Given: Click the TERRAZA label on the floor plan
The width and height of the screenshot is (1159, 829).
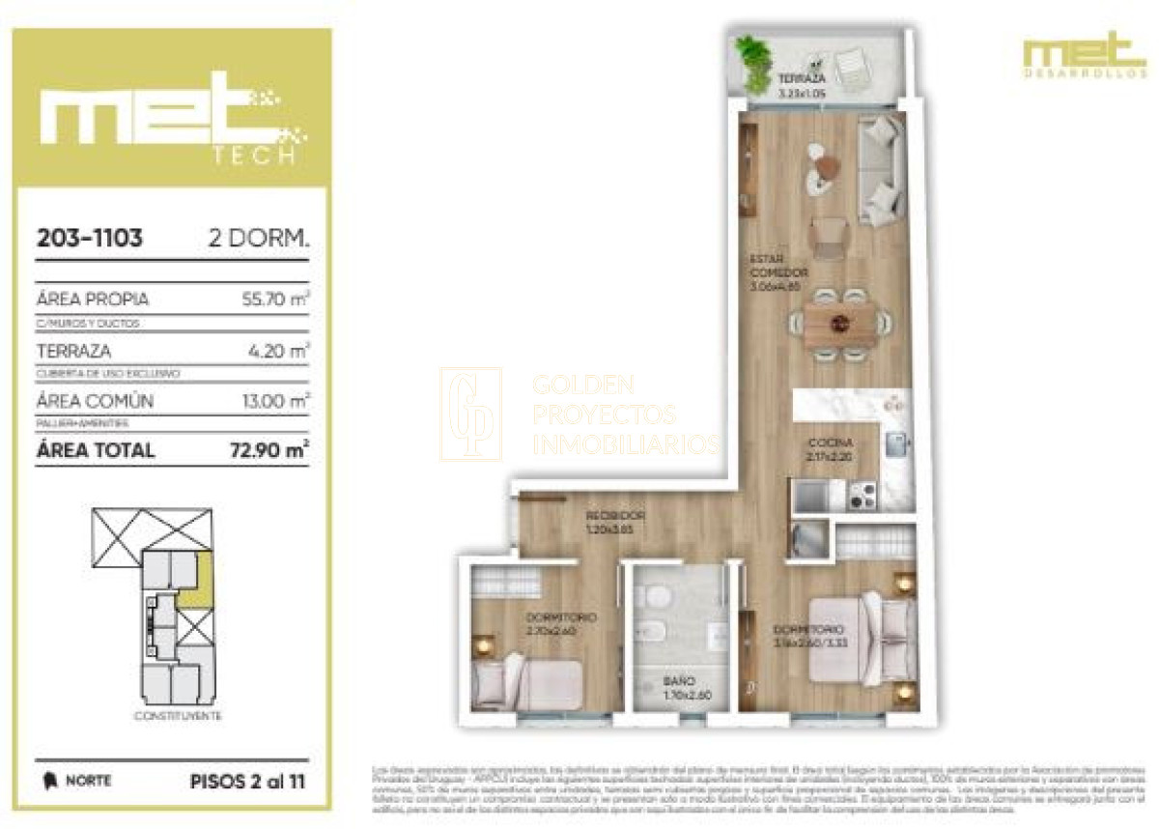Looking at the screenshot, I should (x=802, y=77).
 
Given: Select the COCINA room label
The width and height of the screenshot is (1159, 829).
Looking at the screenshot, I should (x=830, y=443).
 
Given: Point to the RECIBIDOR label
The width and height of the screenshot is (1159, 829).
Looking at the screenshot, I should (x=615, y=515).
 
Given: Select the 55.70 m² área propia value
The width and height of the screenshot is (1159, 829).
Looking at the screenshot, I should (x=276, y=300).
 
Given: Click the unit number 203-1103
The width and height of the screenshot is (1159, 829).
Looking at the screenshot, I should (x=89, y=239).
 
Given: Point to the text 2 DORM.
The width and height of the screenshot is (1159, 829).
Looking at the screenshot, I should (x=259, y=239).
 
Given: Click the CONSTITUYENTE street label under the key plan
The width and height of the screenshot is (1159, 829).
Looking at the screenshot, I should (x=178, y=716).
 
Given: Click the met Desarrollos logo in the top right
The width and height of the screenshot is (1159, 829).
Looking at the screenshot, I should (x=1084, y=55).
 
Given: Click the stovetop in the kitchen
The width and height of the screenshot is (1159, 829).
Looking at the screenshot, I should (x=862, y=496).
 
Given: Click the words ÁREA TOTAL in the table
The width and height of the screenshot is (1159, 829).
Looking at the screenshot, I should (x=95, y=449).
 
